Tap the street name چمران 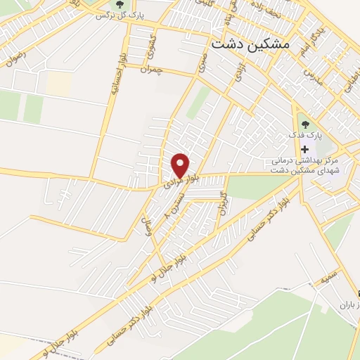[150, 70]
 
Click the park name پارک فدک [304, 134]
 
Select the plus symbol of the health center [304, 149]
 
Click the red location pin [181, 165]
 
